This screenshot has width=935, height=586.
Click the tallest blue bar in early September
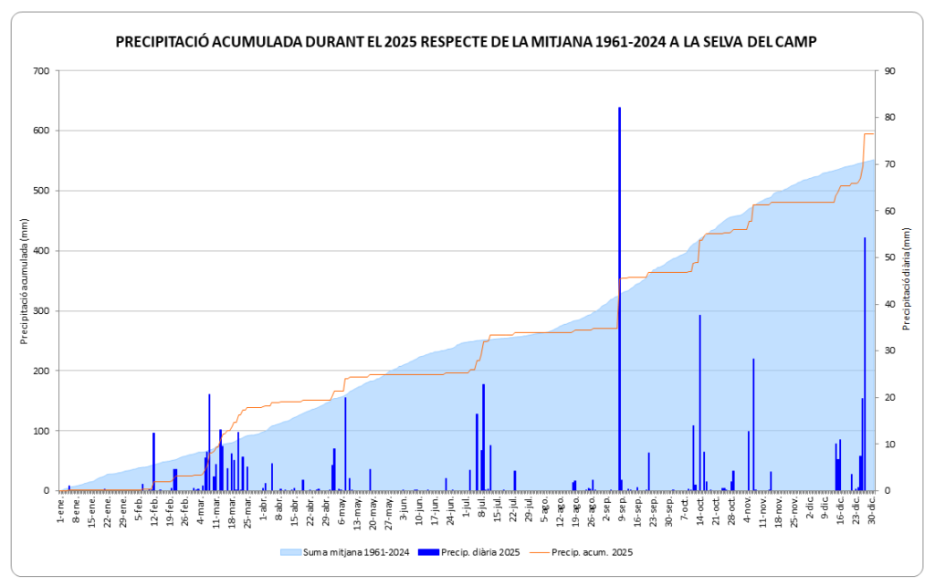[x=619, y=301]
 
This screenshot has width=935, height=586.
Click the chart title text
[x=466, y=42]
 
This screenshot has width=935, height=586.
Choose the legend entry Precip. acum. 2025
[x=592, y=552]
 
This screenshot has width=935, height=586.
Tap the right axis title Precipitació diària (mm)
[x=907, y=281]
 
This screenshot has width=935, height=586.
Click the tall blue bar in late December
[x=865, y=365]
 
